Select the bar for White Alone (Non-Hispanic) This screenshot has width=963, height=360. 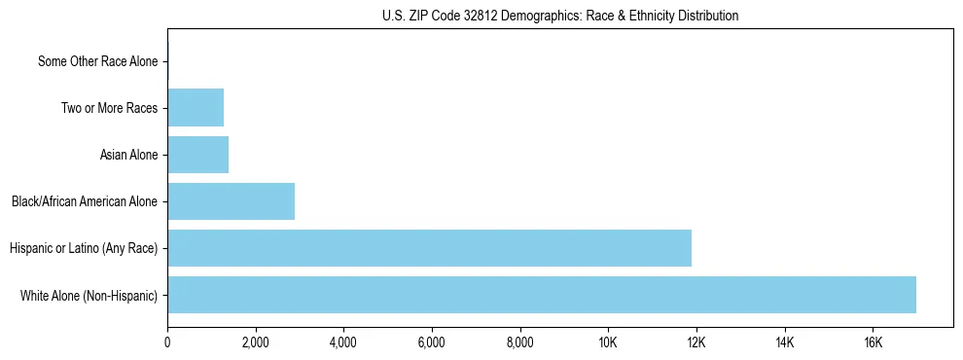pos(542,295)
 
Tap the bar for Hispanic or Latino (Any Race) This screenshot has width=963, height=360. pos(429,248)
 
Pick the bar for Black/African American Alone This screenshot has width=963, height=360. pos(231,201)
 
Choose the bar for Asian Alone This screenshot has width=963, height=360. pos(197,155)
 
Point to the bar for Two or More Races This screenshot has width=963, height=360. pos(196,108)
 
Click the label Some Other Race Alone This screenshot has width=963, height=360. pos(97,61)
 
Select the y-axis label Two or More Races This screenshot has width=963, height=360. pos(109,108)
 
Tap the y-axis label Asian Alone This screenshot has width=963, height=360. pos(128,155)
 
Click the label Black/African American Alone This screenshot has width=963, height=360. pos(85,201)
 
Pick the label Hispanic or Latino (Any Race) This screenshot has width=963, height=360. pos(84,248)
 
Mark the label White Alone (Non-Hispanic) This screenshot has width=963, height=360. pos(89,295)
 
